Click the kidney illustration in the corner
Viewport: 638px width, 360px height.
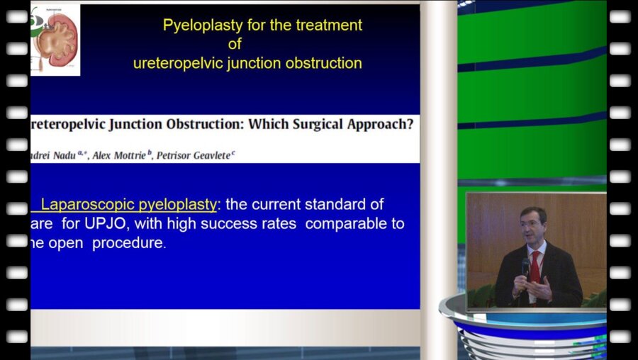(55, 39)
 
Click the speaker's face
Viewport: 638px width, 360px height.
(532, 225)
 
